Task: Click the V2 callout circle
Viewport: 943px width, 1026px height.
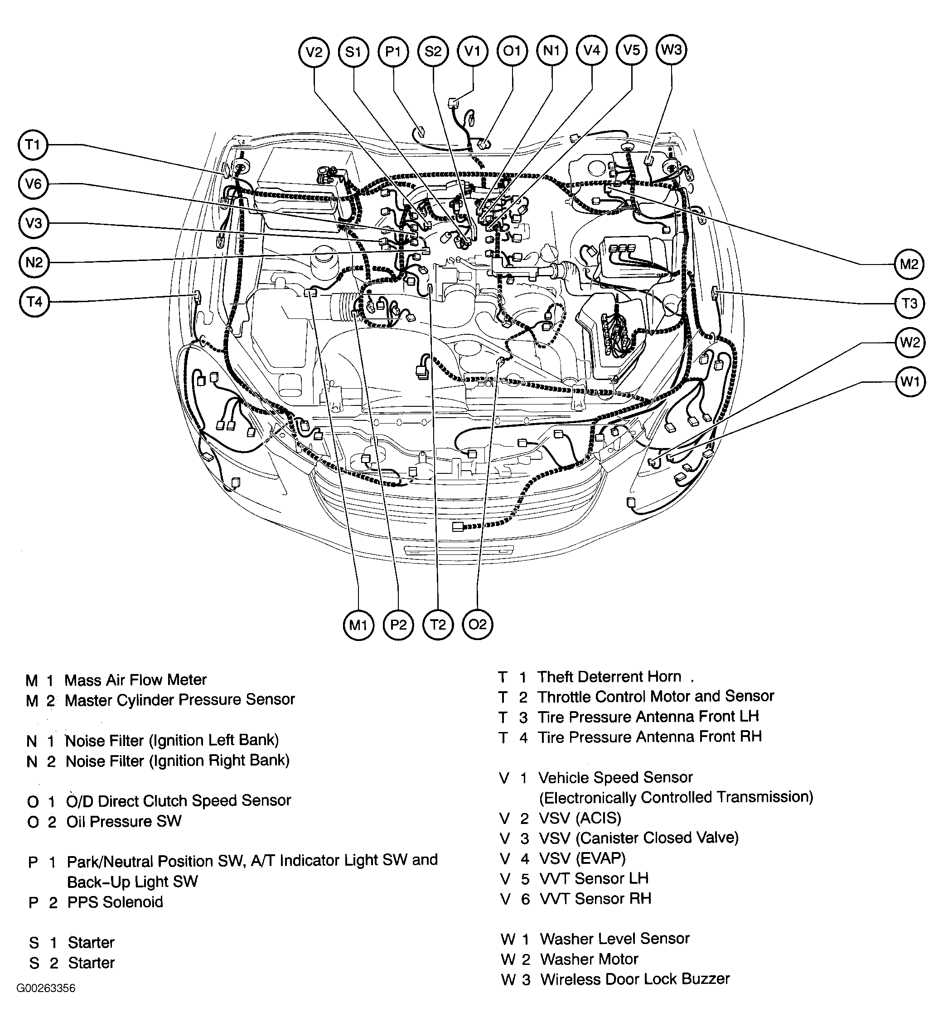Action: click(314, 52)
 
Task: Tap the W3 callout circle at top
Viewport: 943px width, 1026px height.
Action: click(671, 50)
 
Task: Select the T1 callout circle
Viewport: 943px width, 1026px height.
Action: click(33, 145)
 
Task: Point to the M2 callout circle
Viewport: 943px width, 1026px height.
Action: click(909, 264)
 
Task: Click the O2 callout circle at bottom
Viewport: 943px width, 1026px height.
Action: click(478, 625)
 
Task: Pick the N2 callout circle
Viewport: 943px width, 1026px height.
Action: click(34, 263)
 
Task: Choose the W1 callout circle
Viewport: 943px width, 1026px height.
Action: click(910, 381)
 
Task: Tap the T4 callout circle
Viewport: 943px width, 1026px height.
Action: click(34, 302)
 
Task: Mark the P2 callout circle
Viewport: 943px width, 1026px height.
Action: click(398, 625)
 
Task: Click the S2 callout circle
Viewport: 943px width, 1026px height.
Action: click(433, 52)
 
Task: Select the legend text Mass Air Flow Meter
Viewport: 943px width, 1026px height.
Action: click(135, 680)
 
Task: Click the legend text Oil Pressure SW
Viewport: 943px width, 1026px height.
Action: click(124, 821)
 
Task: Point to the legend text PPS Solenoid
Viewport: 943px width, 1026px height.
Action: click(115, 902)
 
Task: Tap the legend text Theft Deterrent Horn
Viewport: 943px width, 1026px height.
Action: click(609, 677)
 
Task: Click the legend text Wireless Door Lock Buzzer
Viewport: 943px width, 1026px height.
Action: click(635, 979)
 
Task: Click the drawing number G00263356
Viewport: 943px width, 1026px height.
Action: click(46, 1002)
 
